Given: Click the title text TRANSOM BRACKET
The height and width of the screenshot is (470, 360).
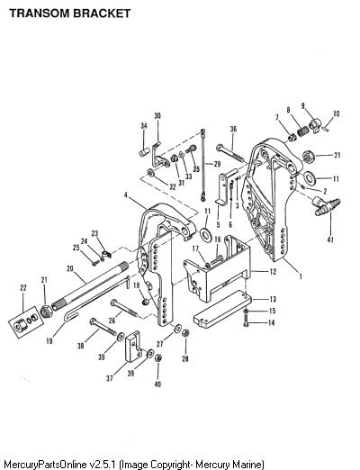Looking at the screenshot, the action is [x=70, y=14].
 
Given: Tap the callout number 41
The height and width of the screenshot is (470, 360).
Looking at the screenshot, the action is [x=330, y=240].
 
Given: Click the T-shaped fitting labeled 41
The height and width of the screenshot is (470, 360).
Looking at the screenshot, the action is [x=326, y=205].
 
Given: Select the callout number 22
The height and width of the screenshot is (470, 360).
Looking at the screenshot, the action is [x=23, y=288].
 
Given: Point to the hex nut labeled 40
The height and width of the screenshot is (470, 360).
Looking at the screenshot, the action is [x=158, y=357].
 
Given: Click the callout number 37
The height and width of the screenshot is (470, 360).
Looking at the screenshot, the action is [x=110, y=378].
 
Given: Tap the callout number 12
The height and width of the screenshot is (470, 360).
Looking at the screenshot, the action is [x=273, y=272].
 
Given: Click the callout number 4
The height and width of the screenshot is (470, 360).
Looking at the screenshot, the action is [x=126, y=195].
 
